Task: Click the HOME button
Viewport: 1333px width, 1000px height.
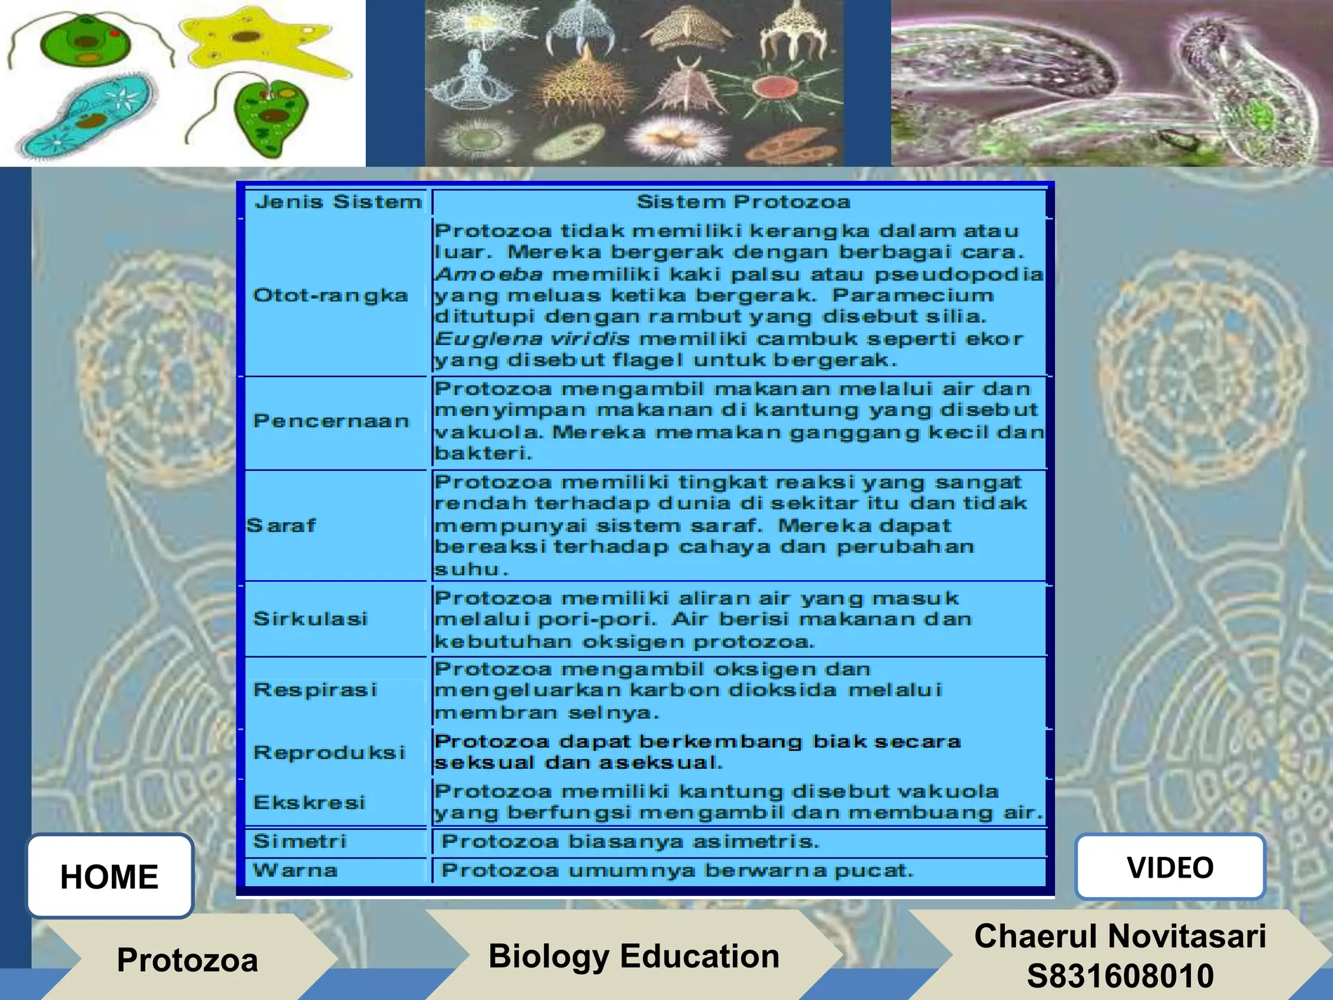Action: coord(109,876)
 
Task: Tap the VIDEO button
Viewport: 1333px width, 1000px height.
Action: coord(1170,867)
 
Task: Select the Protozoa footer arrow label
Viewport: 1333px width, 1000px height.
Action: coord(187,960)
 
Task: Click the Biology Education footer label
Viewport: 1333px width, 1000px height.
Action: coord(634,956)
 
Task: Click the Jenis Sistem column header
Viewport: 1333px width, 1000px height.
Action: coord(338,202)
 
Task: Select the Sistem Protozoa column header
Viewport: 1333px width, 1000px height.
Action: coord(743,202)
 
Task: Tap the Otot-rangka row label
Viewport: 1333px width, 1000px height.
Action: coord(331,296)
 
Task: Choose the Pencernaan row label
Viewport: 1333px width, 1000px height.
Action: coord(331,421)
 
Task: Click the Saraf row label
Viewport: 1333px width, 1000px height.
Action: coord(281,525)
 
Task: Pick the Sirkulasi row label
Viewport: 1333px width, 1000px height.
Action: coord(310,618)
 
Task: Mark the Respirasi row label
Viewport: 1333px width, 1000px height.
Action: coord(315,689)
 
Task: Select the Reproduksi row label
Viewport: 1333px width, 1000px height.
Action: coord(329,753)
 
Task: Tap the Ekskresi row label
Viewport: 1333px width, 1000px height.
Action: coord(309,802)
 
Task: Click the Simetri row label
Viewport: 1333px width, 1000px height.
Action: coord(299,841)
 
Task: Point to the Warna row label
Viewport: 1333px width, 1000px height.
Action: coord(295,870)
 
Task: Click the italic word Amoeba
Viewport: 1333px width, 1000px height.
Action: coord(489,274)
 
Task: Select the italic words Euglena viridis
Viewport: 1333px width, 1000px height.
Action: coord(532,339)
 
